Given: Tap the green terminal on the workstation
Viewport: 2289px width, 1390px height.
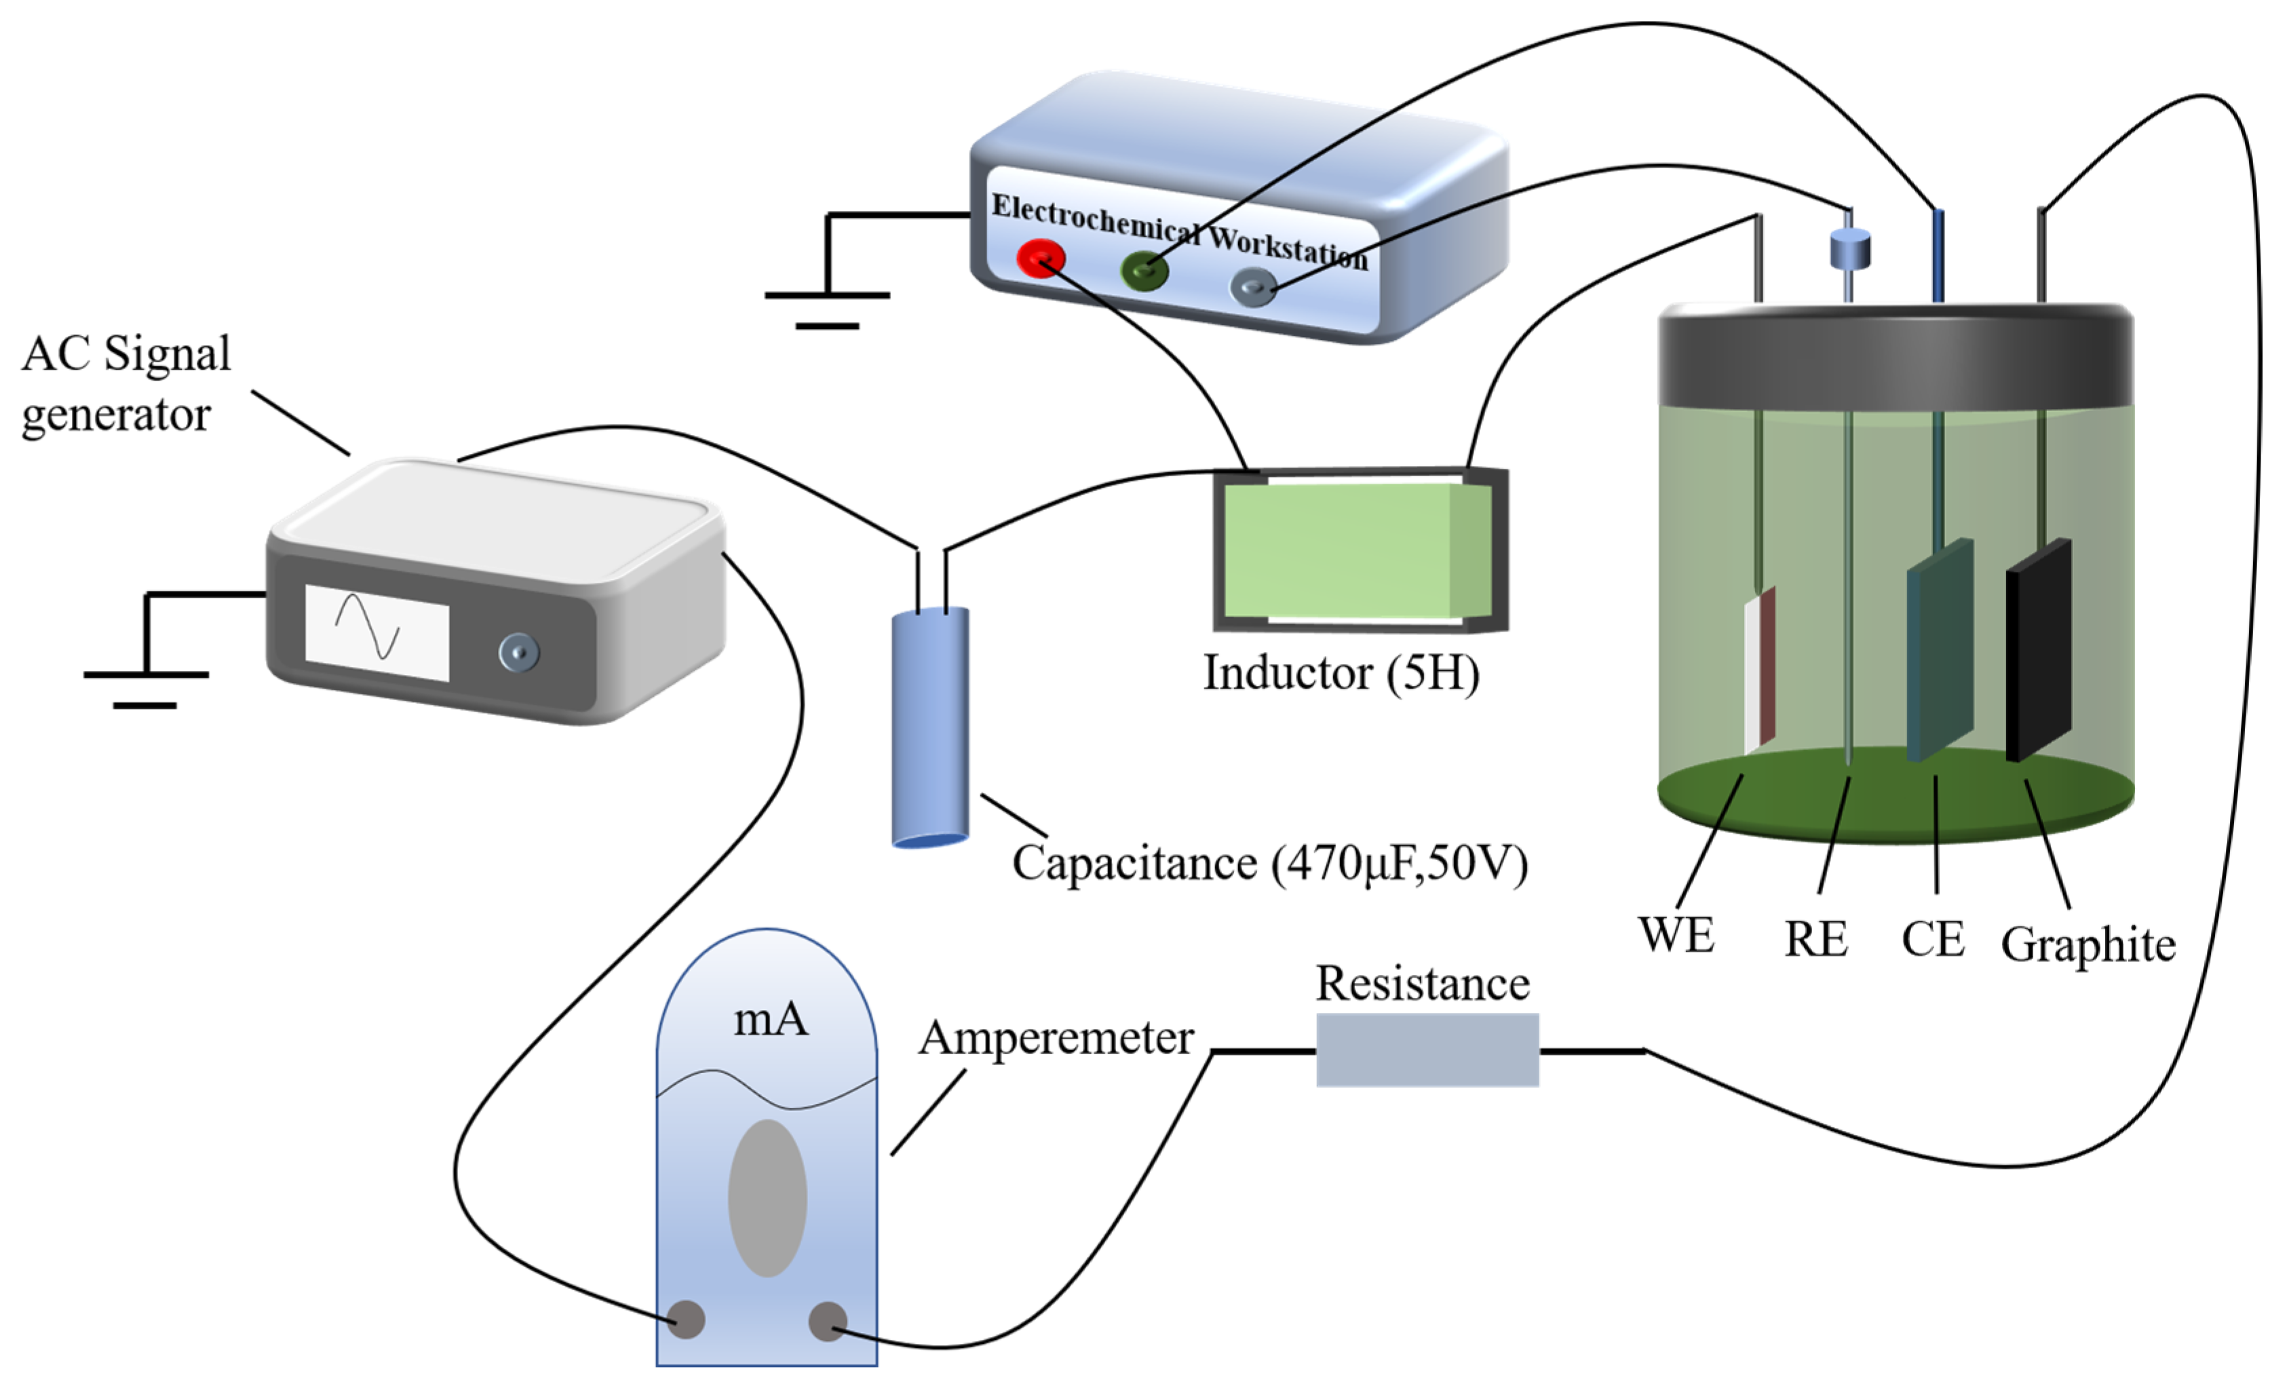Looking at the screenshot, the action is point(1144,271).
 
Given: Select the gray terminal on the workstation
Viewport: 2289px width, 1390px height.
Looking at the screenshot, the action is point(1253,286).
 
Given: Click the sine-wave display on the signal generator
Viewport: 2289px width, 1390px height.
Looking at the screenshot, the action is point(377,633).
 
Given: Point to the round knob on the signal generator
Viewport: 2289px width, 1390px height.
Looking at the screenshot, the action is point(518,651).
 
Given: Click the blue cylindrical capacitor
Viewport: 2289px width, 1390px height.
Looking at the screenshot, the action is point(930,727).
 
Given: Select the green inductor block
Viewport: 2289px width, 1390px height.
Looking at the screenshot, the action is point(1358,550).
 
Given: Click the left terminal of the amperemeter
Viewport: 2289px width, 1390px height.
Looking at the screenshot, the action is point(687,1319).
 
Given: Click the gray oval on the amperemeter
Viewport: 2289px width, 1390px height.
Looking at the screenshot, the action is point(767,1197).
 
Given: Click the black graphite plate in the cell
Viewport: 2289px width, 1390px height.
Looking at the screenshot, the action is point(2038,649).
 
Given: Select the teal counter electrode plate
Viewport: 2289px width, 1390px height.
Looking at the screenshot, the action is point(1940,649).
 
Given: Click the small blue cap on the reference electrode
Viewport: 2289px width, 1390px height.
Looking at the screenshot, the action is point(1849,249).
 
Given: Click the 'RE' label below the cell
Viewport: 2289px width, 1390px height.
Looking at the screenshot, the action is point(1816,940).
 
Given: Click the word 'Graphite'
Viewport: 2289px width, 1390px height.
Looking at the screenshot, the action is point(2088,945).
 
